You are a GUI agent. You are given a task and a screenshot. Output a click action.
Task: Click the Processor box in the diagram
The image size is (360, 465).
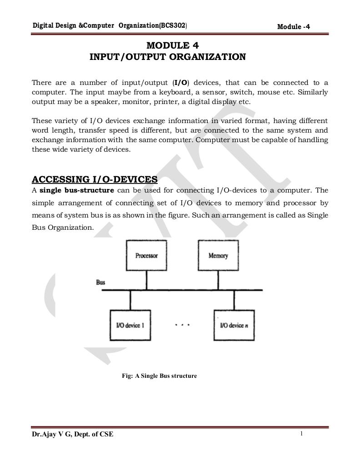click(x=146, y=256)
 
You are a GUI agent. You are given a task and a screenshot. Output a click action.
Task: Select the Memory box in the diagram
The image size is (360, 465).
click(x=218, y=256)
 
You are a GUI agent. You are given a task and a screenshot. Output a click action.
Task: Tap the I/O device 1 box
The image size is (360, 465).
click(x=130, y=325)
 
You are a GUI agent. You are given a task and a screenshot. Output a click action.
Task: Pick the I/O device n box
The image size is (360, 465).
click(x=234, y=325)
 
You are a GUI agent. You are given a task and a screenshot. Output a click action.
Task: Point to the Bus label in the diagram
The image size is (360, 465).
click(x=100, y=282)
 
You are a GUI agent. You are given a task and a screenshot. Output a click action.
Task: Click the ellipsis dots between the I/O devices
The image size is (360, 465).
click(x=182, y=325)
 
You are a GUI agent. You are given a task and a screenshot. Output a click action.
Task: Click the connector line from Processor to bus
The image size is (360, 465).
click(x=146, y=280)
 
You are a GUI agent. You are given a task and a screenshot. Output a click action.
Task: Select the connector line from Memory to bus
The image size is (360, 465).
click(x=218, y=280)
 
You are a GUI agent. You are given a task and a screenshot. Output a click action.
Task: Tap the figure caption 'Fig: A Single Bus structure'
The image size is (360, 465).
click(x=159, y=376)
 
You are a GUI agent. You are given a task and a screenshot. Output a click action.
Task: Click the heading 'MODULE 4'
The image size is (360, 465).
click(x=172, y=45)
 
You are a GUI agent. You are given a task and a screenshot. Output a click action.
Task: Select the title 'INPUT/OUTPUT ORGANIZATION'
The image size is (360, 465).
click(x=168, y=57)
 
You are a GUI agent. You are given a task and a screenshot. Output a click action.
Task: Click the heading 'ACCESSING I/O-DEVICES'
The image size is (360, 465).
click(x=95, y=179)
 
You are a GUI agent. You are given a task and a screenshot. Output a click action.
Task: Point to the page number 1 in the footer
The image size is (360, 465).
click(x=301, y=434)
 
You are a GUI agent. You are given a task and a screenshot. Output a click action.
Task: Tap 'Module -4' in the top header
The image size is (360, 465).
click(x=293, y=27)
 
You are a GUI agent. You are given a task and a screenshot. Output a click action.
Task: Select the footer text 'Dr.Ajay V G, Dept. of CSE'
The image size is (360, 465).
click(x=73, y=435)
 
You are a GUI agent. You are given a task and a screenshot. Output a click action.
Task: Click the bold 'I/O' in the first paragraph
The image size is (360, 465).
click(x=181, y=83)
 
